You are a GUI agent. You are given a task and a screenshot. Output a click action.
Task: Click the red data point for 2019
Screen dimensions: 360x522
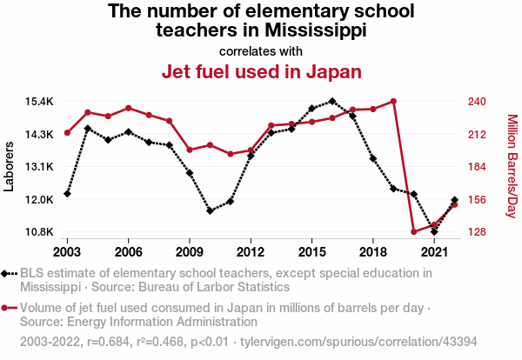[x=393, y=101]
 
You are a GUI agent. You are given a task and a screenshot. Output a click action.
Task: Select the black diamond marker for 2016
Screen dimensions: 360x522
[x=332, y=101]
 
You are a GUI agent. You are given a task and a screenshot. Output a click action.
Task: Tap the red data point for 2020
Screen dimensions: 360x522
[x=414, y=231]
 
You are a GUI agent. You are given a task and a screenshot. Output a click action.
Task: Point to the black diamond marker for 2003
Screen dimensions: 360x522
[x=67, y=193]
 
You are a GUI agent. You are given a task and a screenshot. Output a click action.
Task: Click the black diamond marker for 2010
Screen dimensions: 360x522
[x=210, y=210]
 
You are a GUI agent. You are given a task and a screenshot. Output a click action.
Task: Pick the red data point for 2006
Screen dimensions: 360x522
[x=128, y=108]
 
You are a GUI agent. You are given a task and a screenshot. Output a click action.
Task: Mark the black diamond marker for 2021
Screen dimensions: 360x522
[x=434, y=231]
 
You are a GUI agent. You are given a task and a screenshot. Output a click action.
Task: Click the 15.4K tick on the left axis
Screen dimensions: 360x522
[x=39, y=102]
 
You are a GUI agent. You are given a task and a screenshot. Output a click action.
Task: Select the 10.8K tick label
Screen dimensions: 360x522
[x=39, y=232]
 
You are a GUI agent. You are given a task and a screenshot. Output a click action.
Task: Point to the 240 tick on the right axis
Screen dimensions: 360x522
[x=476, y=102]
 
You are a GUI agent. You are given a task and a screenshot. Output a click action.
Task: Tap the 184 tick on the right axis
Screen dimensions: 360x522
[x=476, y=167]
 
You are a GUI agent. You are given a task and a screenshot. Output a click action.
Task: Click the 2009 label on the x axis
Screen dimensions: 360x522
[x=189, y=251]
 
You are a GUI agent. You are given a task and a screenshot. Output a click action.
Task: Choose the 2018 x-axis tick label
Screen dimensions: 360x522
[x=372, y=251]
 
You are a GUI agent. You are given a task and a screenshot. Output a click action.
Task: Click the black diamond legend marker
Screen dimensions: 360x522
[x=7, y=274]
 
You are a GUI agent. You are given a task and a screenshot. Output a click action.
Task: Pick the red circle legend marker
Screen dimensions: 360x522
[x=7, y=308]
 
